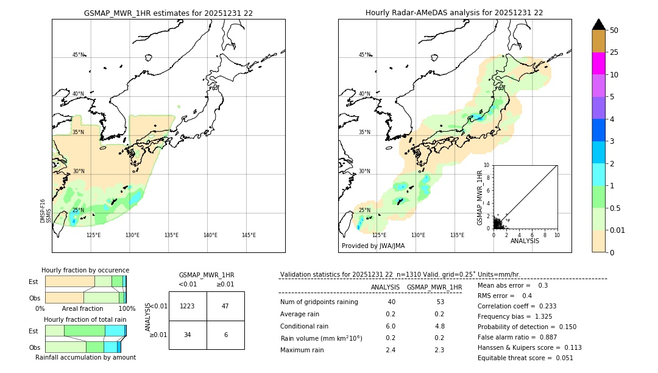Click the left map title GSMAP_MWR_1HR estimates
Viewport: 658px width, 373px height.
(x=168, y=13)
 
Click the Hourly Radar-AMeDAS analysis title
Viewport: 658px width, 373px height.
(x=454, y=13)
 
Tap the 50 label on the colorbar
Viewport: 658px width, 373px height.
(x=615, y=30)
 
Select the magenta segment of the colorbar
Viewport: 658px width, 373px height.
(x=598, y=63)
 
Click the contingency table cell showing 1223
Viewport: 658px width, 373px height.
(x=188, y=306)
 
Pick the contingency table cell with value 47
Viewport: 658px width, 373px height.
(x=225, y=306)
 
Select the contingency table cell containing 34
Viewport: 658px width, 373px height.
(x=188, y=335)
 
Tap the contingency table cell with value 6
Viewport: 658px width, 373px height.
(x=225, y=335)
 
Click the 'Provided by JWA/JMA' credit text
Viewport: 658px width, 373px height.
(x=373, y=246)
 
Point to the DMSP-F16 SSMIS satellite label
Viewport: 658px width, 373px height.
(x=46, y=211)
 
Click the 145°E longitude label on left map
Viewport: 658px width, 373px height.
(x=249, y=235)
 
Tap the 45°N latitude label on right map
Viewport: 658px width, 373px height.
(x=364, y=55)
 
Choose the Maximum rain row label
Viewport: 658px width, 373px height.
(x=302, y=350)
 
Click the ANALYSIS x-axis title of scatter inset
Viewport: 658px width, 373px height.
(x=525, y=241)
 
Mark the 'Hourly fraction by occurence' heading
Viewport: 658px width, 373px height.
(x=85, y=270)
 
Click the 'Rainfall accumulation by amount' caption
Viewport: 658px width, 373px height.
(x=85, y=357)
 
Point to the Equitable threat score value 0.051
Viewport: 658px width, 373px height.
(x=561, y=358)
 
